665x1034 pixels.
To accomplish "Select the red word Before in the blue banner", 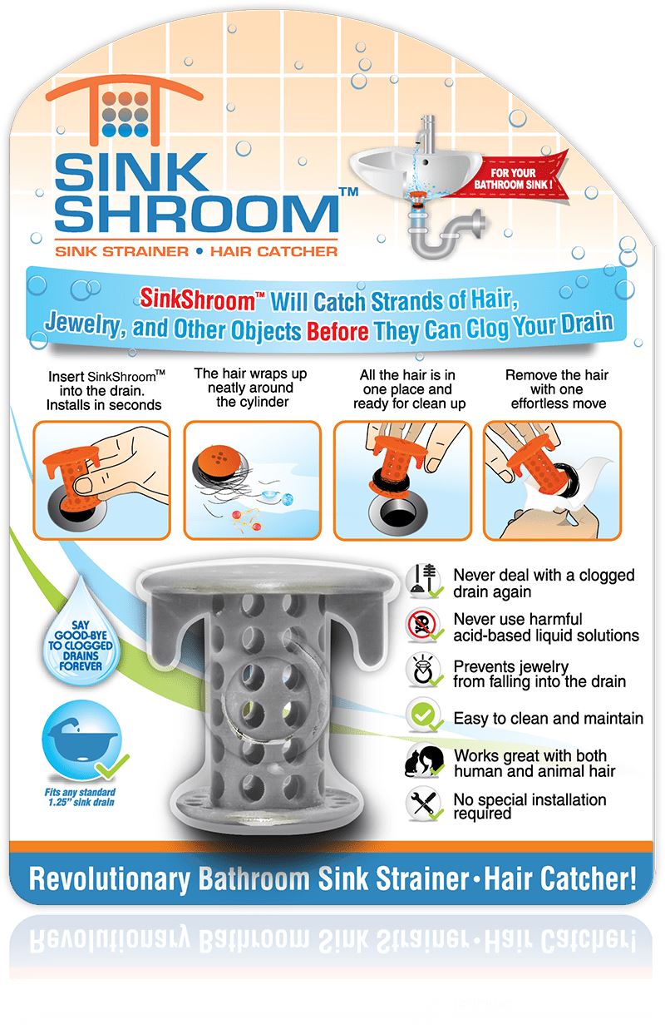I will coord(337,329).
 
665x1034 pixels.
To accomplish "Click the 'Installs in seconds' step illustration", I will coord(101,479).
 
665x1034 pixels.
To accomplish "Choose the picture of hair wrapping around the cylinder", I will coord(252,479).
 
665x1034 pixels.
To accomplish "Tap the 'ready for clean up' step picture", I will coord(401,479).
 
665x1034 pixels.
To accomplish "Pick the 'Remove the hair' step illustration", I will coord(552,479).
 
